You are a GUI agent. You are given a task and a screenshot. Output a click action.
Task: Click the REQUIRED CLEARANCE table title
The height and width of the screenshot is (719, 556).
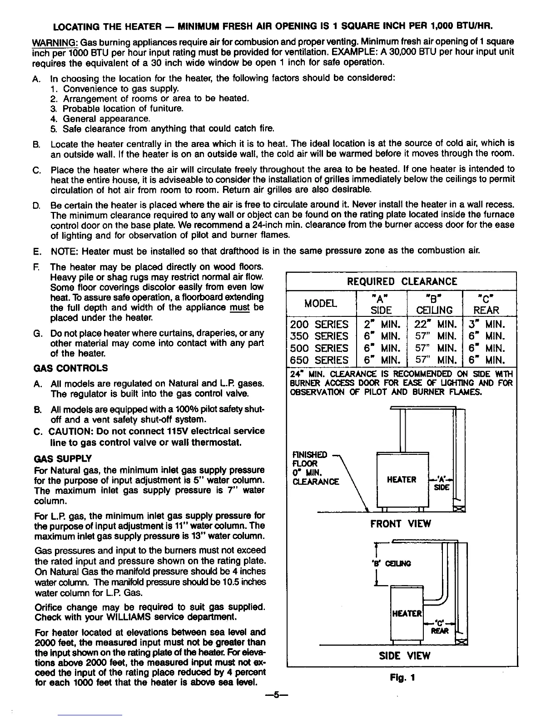(402, 281)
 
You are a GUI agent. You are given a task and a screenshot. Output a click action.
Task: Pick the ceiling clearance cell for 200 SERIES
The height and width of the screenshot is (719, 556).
(435, 325)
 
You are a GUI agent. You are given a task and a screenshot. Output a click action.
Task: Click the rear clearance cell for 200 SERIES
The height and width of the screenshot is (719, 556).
(489, 325)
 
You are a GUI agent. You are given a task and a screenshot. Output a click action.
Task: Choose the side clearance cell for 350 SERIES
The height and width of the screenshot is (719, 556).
(382, 336)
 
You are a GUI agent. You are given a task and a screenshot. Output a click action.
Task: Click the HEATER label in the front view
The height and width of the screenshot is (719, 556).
(402, 480)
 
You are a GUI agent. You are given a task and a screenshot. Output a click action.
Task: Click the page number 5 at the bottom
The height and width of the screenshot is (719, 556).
(278, 695)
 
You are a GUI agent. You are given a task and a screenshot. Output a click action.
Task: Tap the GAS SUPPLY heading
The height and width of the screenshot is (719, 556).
(63, 458)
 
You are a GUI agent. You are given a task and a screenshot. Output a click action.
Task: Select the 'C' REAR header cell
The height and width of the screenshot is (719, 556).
(489, 304)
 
